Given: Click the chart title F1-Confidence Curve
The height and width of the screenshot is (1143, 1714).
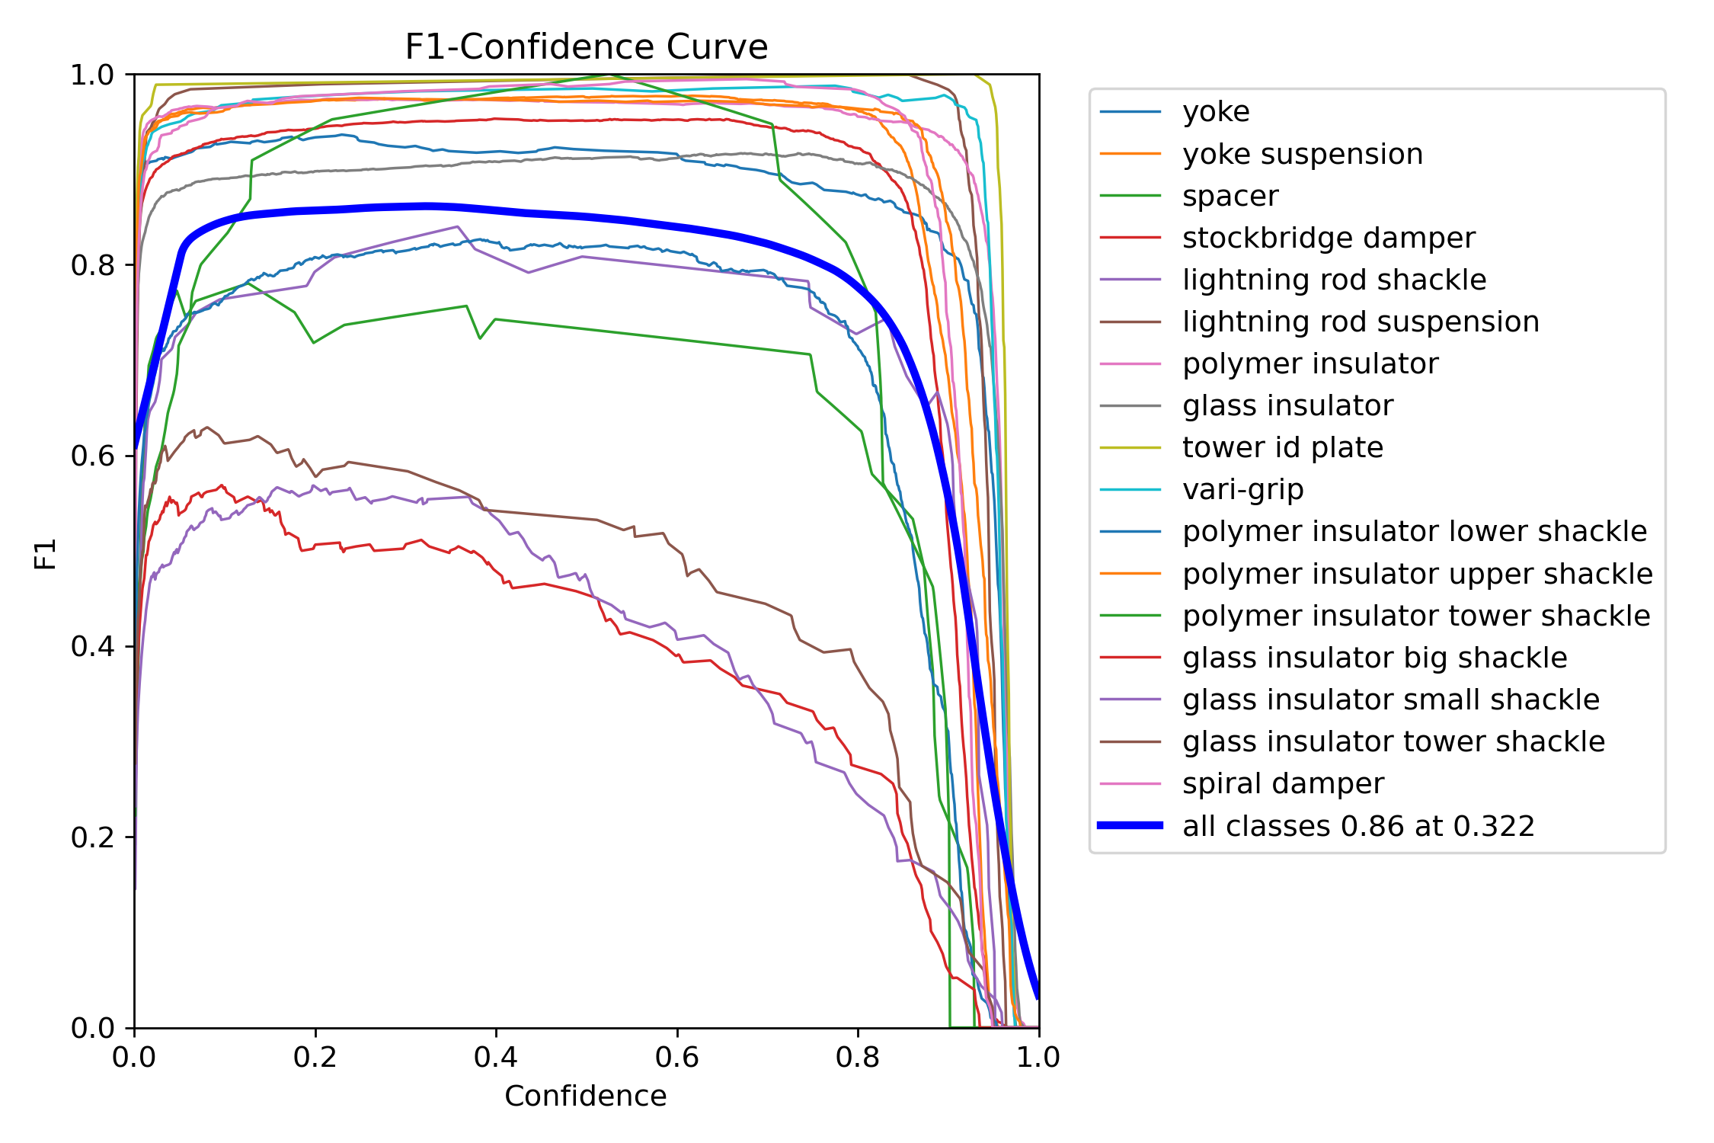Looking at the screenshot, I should [586, 47].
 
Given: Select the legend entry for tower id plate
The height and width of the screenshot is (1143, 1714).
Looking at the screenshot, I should [1282, 447].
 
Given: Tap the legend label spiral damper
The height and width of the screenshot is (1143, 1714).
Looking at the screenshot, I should [1283, 783].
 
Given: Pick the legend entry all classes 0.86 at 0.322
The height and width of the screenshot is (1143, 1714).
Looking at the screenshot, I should [1358, 826].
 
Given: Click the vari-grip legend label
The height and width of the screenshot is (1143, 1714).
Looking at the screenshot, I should [1242, 489].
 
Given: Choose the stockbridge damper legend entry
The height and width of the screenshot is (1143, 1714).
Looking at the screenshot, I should [1329, 238].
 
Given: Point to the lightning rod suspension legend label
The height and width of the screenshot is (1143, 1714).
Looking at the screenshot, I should [1361, 322].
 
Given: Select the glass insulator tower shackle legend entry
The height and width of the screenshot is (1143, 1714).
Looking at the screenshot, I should [1393, 741].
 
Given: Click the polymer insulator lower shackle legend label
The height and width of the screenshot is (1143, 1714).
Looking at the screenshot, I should [1415, 531].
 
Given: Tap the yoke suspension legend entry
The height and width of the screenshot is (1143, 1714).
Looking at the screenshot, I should [1303, 154].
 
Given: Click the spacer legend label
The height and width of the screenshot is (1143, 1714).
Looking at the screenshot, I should [1230, 196].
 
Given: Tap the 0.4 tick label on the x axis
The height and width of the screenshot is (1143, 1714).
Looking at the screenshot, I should [496, 1058].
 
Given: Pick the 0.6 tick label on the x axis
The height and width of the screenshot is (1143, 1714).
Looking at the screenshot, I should [677, 1058].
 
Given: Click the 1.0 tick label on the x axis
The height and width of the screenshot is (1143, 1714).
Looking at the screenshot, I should [1038, 1058].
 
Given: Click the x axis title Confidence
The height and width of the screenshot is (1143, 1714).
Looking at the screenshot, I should [586, 1097].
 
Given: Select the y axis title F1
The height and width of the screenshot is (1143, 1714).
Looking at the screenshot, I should [46, 553].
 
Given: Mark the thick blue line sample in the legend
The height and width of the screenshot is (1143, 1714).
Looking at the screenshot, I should [1130, 825].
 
